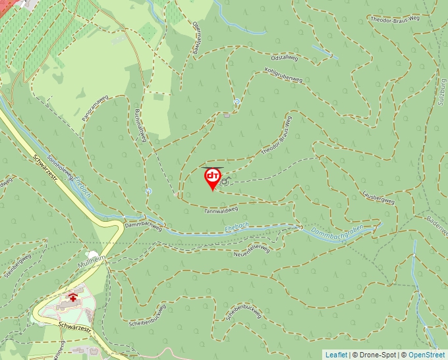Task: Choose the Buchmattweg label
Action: click(140, 124)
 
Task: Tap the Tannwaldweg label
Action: click(220, 211)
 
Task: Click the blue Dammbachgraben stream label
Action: click(337, 233)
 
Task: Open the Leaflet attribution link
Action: click(336, 355)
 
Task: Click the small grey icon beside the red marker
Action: click(225, 182)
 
